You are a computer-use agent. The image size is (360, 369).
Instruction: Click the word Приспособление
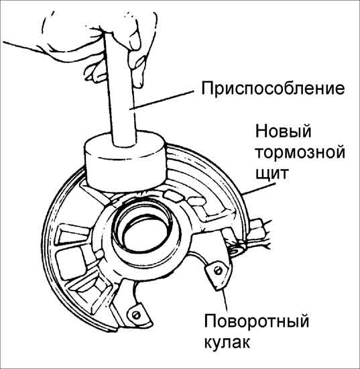click(273, 89)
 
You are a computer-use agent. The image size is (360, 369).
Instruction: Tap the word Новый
click(283, 131)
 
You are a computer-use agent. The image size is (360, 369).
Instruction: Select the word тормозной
click(300, 152)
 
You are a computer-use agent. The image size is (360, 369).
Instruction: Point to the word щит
click(272, 174)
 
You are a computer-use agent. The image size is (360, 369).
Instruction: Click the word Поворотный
click(256, 321)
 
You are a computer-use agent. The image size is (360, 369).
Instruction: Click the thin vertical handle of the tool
click(120, 89)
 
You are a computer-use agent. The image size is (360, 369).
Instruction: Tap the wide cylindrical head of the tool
click(126, 162)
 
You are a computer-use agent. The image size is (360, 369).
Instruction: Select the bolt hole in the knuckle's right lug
click(218, 270)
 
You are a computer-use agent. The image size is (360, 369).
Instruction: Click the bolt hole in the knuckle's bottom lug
click(135, 315)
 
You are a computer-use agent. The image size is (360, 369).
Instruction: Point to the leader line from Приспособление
click(162, 100)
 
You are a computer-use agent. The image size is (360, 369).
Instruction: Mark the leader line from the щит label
click(259, 189)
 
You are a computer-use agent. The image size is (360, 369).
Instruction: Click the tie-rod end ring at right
click(236, 251)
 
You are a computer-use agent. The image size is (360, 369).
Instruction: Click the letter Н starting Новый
click(261, 131)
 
